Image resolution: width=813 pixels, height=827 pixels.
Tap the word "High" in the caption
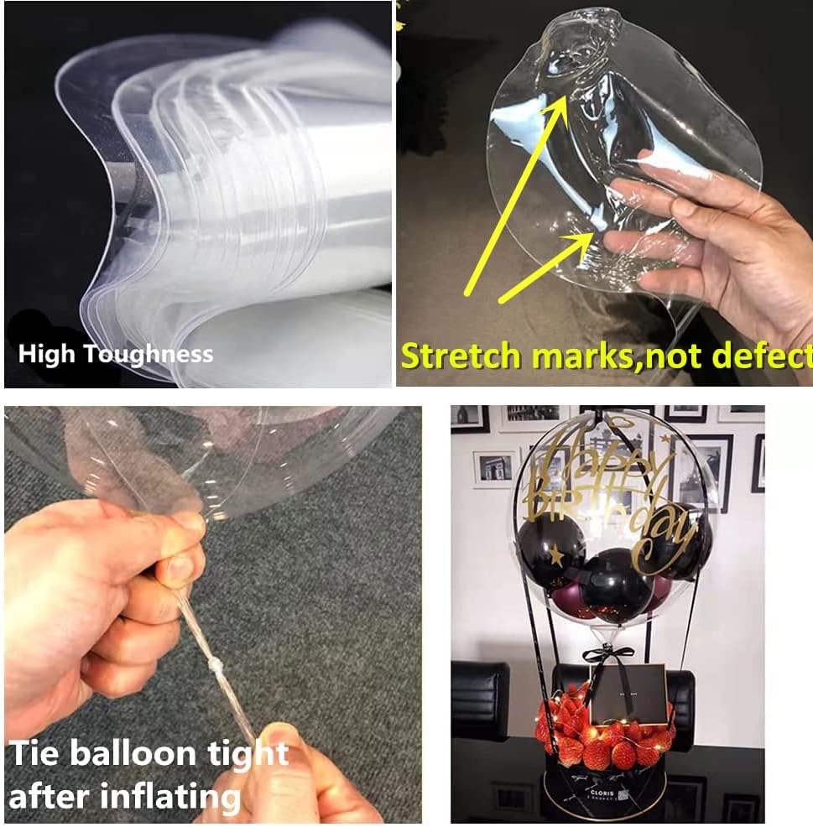coord(46,354)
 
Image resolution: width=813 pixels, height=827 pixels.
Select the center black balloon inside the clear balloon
coord(616,584)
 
